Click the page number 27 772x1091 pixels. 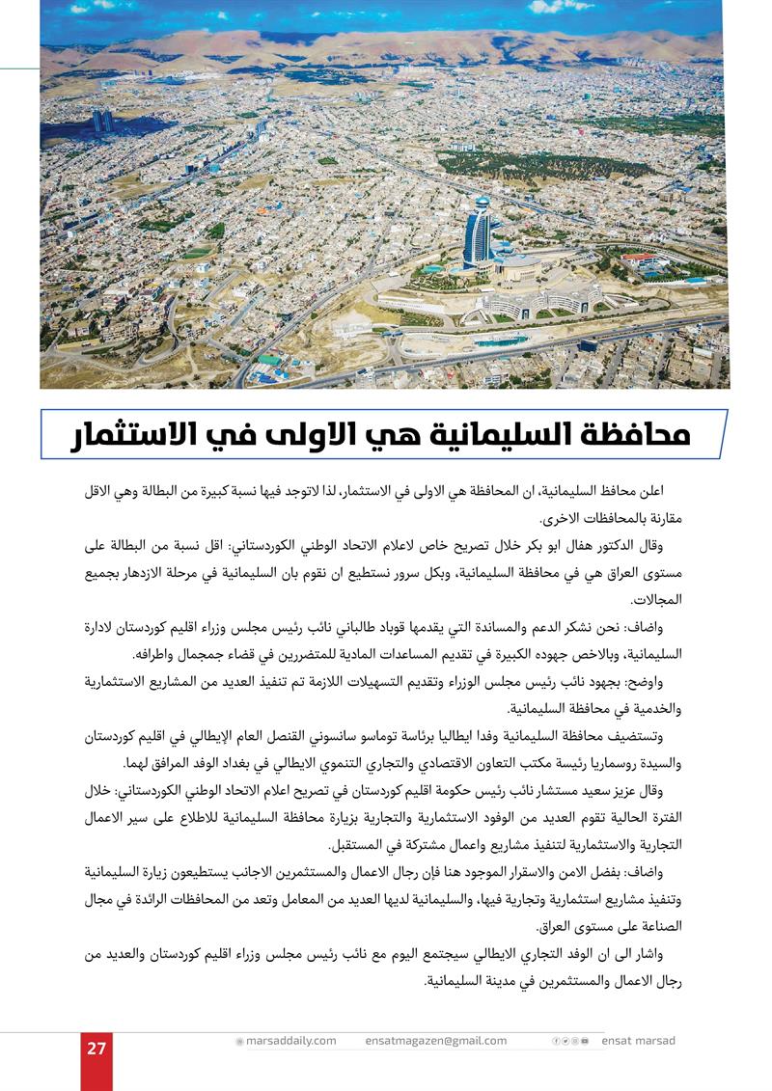point(96,1050)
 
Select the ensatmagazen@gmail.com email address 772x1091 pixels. point(436,1041)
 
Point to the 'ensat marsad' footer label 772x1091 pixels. point(638,1041)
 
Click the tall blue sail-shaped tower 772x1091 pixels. point(478,232)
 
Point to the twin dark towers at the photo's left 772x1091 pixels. point(101,122)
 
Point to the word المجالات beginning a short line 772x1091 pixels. point(657,599)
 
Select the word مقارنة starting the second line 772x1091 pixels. point(661,517)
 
